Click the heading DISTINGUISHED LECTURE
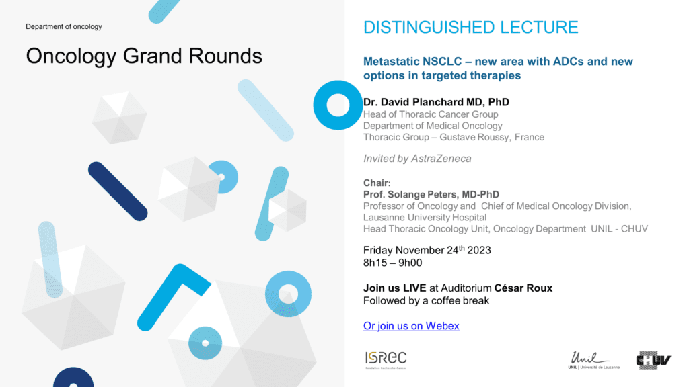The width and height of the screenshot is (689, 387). coord(470,27)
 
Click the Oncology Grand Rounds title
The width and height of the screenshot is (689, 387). coord(144,56)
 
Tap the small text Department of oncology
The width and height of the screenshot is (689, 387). coord(64,26)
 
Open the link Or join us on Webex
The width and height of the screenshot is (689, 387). coord(411,326)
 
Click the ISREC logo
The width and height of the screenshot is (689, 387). coord(386,360)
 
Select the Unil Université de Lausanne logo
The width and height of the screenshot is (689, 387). coord(593,360)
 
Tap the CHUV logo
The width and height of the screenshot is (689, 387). coord(653,360)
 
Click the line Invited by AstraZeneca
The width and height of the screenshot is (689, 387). coord(417,159)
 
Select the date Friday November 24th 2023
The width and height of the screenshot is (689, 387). coord(427,250)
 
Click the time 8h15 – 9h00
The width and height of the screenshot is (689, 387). coord(392,263)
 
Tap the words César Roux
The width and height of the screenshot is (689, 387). coord(523,288)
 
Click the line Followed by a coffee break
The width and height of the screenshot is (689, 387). coord(426,300)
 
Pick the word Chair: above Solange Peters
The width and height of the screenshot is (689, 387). coord(377,183)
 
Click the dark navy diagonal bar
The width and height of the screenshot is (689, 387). coord(118,191)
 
